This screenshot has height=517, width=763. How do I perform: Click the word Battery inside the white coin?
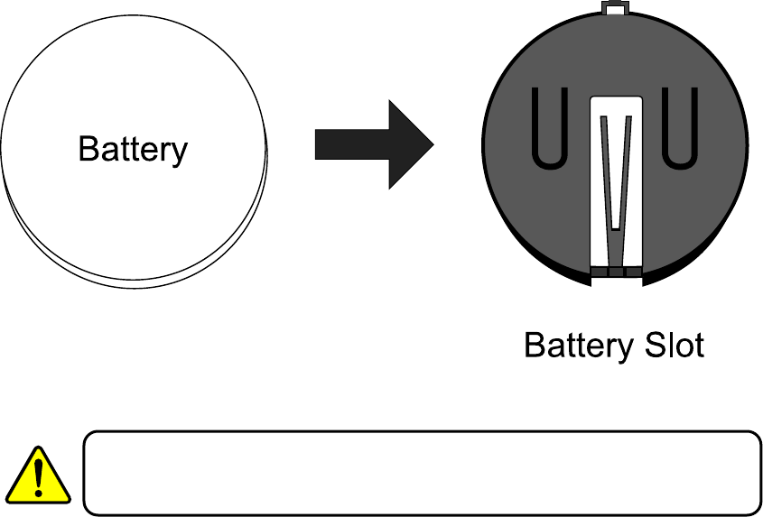pyautogui.click(x=133, y=149)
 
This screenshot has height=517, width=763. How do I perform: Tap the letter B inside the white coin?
pyautogui.click(x=88, y=149)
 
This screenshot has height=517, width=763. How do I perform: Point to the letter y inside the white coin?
pyautogui.click(x=180, y=152)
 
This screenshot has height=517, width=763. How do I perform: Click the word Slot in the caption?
pyautogui.click(x=672, y=345)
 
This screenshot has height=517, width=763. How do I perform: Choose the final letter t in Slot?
pyautogui.click(x=697, y=346)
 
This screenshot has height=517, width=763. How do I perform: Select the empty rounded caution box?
pyautogui.click(x=421, y=473)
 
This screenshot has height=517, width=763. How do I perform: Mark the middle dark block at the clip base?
pyautogui.click(x=616, y=271)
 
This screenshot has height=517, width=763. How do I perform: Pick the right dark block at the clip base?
pyautogui.click(x=633, y=271)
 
